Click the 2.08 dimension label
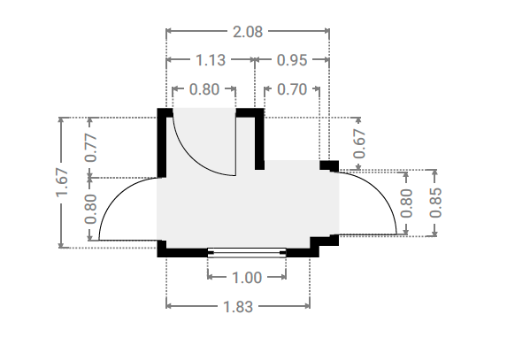tap(248, 32)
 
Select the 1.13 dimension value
tap(211, 60)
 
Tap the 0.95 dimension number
tap(292, 60)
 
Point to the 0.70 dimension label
tap(292, 89)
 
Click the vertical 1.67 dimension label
tap(62, 182)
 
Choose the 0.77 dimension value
tap(90, 148)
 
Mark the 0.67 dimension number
tap(359, 143)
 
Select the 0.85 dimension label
tap(435, 203)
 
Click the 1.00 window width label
tap(247, 278)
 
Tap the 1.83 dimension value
tap(238, 306)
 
